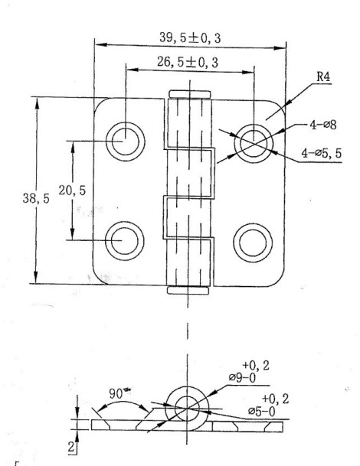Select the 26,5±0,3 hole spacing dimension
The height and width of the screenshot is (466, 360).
pyautogui.click(x=188, y=62)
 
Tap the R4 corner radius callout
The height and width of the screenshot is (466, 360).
pyautogui.click(x=323, y=78)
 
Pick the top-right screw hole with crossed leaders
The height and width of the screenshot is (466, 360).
pyautogui.click(x=254, y=140)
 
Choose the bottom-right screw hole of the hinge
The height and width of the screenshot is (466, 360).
pyautogui.click(x=254, y=240)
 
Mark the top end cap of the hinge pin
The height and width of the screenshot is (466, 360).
pyautogui.click(x=188, y=95)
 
